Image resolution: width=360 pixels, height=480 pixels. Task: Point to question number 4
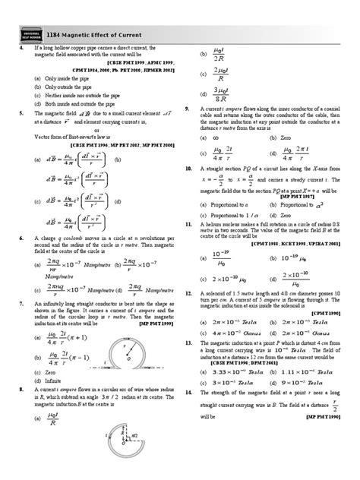(x=21, y=46)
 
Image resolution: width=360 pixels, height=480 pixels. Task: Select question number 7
(x=21, y=280)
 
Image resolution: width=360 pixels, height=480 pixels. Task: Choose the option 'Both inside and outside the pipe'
(x=76, y=107)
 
